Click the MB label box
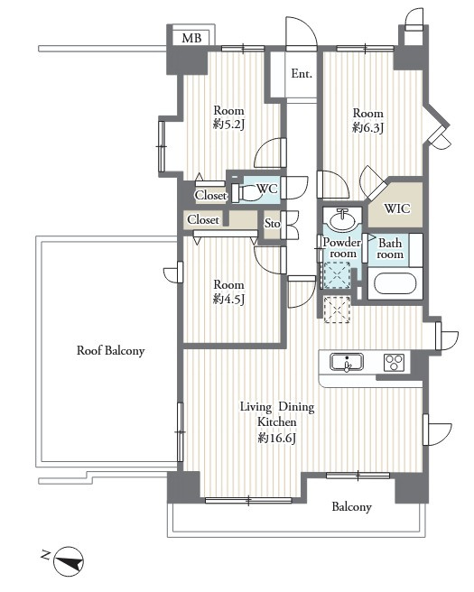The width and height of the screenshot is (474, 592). point(191,38)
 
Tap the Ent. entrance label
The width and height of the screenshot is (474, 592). point(302,74)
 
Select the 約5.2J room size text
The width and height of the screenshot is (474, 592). point(229,125)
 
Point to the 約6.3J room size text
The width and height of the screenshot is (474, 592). point(367,127)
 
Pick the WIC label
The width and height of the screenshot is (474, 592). point(397,208)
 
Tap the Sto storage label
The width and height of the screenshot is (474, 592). point(272,224)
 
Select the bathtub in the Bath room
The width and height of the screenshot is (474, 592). point(395,283)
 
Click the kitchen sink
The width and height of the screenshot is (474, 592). point(347,362)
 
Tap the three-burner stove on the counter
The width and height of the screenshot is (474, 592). point(395,363)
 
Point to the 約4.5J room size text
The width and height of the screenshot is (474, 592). point(229,299)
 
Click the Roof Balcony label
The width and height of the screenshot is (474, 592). point(111,351)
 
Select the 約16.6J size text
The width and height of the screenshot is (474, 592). point(277,438)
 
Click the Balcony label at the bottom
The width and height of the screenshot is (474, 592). point(351,506)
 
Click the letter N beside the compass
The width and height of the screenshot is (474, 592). point(46,555)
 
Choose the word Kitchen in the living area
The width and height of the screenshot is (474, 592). point(277,422)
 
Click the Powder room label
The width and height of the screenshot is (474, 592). point(342,247)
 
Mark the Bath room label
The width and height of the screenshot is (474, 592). point(390,248)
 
